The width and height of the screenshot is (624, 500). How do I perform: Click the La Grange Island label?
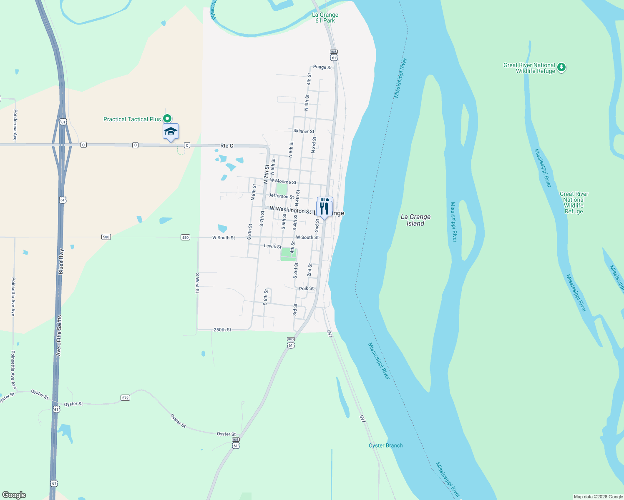click(x=415, y=220)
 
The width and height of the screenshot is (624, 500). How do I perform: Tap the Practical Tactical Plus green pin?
click(x=167, y=119)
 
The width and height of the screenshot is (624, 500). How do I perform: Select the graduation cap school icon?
click(x=171, y=132)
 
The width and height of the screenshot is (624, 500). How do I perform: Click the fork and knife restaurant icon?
click(x=325, y=207)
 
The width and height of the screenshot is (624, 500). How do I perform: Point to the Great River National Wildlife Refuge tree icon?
click(x=561, y=67)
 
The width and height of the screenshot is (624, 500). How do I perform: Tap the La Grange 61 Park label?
click(x=325, y=17)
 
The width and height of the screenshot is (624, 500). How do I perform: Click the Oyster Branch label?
click(x=385, y=445)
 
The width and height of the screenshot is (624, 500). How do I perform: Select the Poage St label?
click(x=322, y=67)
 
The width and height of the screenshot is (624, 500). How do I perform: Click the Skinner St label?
click(x=304, y=131)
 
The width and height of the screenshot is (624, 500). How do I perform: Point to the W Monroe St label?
click(x=283, y=182)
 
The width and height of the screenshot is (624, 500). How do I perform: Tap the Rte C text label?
click(x=226, y=146)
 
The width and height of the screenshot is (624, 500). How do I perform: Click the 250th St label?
click(x=222, y=330)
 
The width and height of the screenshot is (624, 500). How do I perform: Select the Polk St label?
click(x=306, y=288)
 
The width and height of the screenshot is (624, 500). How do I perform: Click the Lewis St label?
click(x=273, y=246)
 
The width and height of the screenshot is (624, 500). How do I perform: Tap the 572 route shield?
click(x=126, y=398)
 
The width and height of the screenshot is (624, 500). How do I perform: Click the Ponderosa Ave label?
click(x=15, y=125)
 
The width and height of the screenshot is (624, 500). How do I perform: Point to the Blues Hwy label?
click(x=61, y=261)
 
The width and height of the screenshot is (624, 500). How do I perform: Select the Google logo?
click(x=14, y=495)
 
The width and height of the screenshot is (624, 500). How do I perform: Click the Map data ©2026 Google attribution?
click(x=598, y=497)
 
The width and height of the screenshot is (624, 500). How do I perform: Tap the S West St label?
click(x=197, y=283)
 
